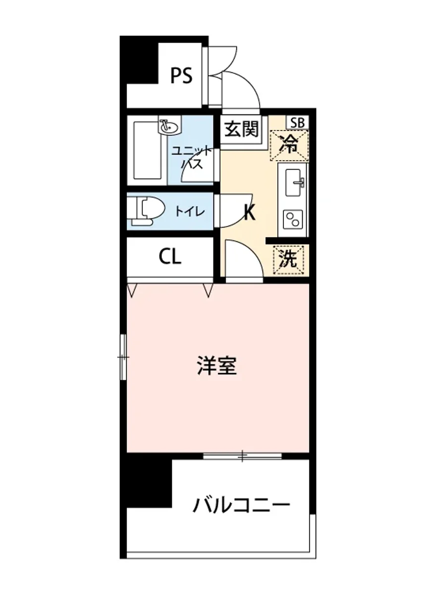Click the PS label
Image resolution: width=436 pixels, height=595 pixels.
point(181,76)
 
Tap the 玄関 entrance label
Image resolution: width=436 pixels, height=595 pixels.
point(241,130)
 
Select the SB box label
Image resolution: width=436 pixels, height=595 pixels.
point(297,122)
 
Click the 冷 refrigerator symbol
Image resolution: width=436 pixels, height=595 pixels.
point(289,145)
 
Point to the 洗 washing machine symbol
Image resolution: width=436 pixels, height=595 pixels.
point(289,260)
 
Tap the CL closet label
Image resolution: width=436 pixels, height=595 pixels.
point(170,256)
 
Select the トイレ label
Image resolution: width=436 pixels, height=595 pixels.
point(189,212)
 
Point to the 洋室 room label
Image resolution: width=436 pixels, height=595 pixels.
point(217,366)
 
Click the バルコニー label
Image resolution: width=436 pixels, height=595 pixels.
point(241,505)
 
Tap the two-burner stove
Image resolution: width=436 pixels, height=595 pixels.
point(292,218)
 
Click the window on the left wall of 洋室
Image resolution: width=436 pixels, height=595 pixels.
point(123,357)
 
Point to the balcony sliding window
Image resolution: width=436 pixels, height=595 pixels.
point(242,456)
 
